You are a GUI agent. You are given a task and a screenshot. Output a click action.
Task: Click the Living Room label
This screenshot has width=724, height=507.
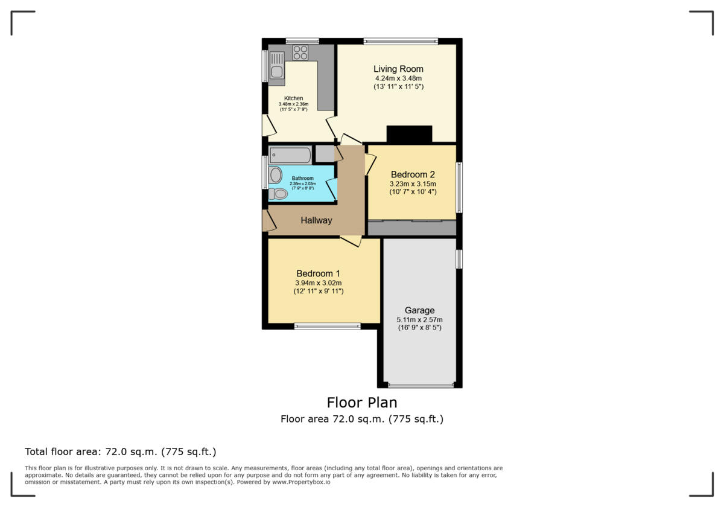click(398, 69)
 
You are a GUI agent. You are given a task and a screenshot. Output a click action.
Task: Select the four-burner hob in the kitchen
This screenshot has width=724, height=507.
click(300, 53)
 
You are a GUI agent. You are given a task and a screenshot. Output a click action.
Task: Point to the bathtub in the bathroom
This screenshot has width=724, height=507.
click(290, 155)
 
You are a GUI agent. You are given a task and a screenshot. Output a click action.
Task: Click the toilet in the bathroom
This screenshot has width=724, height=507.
click(279, 194)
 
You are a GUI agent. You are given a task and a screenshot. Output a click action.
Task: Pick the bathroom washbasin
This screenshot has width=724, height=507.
click(276, 176)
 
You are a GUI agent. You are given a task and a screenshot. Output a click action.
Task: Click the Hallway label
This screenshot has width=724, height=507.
click(316, 220)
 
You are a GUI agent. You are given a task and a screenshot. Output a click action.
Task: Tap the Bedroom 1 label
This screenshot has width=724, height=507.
click(318, 273)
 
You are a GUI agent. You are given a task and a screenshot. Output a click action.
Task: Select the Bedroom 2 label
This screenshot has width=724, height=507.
click(413, 174)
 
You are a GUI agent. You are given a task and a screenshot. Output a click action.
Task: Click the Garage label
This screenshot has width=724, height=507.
click(419, 311)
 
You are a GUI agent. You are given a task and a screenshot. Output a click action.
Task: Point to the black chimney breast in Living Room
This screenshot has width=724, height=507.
click(409, 133)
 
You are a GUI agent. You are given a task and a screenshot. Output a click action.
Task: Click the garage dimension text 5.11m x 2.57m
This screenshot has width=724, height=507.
click(419, 319)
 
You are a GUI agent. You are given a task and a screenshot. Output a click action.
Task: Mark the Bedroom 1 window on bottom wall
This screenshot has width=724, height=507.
click(327, 327)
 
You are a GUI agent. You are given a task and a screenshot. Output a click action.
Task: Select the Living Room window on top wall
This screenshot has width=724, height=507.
click(401, 42)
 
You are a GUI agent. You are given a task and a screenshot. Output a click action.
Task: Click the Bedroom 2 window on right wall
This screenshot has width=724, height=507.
click(459, 187)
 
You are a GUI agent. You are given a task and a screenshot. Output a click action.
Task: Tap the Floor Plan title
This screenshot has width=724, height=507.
click(362, 402)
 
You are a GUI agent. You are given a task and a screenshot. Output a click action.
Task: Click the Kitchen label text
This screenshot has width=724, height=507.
click(293, 98)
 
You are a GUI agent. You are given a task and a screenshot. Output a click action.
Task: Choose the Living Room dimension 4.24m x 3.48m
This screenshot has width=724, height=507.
click(398, 78)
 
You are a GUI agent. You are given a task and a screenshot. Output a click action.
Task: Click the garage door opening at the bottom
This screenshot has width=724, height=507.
click(421, 385)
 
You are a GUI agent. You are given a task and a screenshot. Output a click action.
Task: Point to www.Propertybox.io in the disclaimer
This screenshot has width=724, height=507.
click(300, 482)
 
